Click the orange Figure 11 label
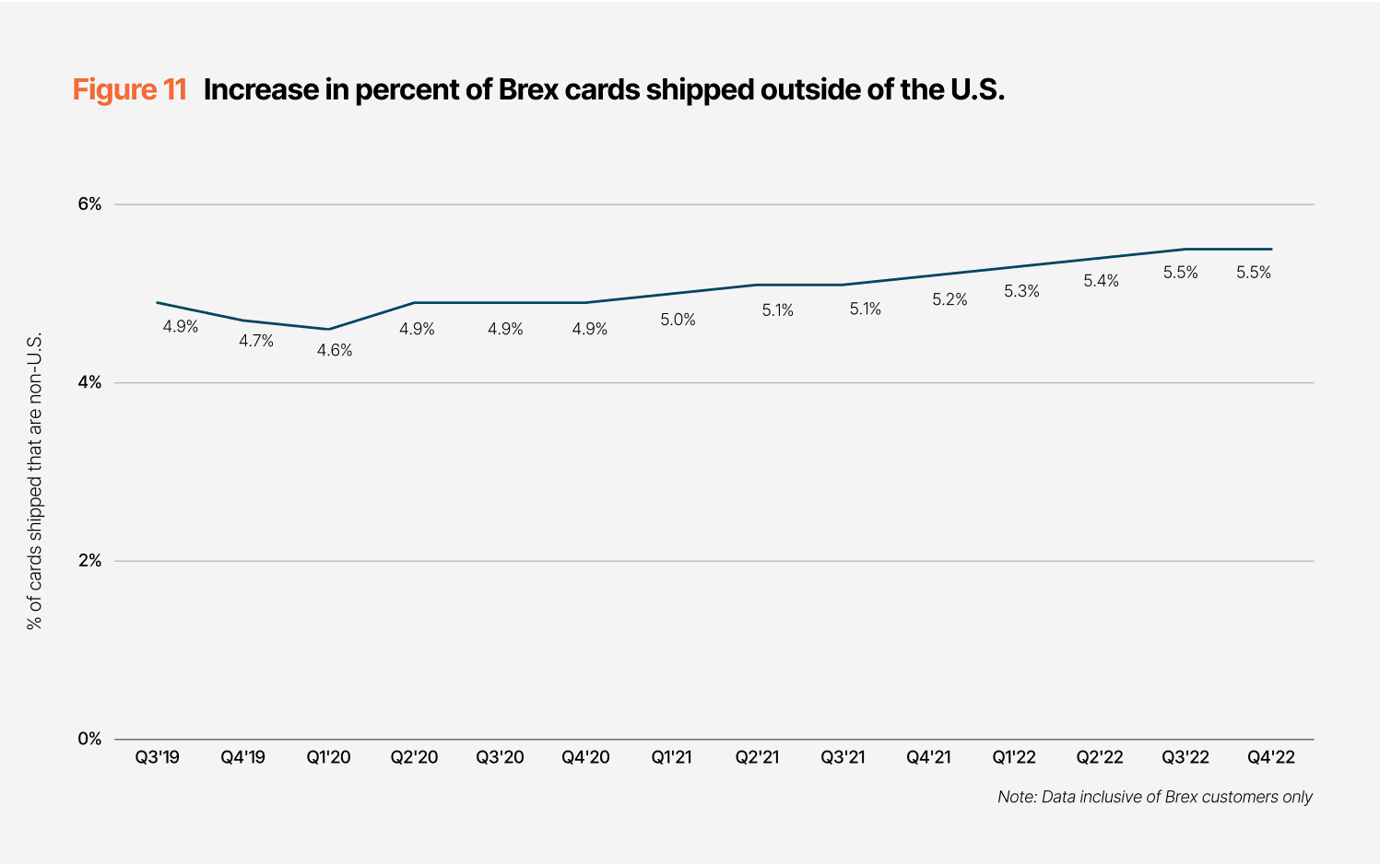tap(130, 89)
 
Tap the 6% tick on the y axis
tap(89, 204)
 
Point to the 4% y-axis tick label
tap(89, 382)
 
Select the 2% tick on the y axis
tap(89, 560)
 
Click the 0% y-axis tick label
tap(89, 739)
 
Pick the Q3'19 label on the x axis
tap(158, 757)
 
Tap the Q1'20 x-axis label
tap(329, 757)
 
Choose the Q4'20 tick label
tap(586, 757)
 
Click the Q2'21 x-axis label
tap(757, 757)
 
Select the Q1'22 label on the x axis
tap(1014, 757)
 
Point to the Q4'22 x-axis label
tap(1271, 757)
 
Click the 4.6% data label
tap(335, 350)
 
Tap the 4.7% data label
tap(256, 341)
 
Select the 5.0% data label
tap(678, 320)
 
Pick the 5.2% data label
tap(949, 299)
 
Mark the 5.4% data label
tap(1101, 281)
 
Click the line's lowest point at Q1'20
tap(329, 329)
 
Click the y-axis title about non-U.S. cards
tap(35, 481)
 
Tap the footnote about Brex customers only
tap(1154, 797)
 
